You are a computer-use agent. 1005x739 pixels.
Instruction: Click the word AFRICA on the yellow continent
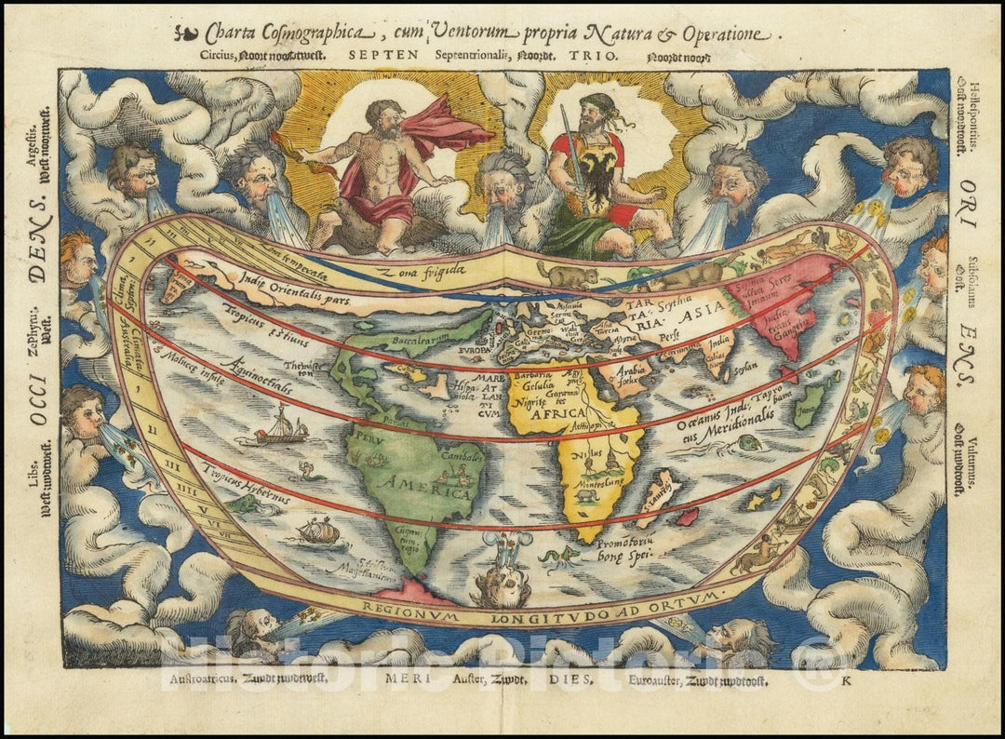pyautogui.click(x=559, y=413)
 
